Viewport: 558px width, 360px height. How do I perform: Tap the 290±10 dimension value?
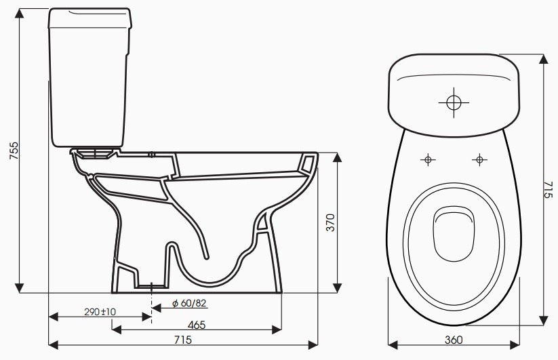tap(100, 311)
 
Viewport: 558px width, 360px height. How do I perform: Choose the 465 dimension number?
tap(196, 325)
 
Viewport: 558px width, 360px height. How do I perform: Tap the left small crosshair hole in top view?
tap(427, 160)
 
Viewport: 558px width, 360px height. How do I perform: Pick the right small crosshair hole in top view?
tap(479, 160)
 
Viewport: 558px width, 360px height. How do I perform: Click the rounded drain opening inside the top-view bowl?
tap(454, 232)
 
